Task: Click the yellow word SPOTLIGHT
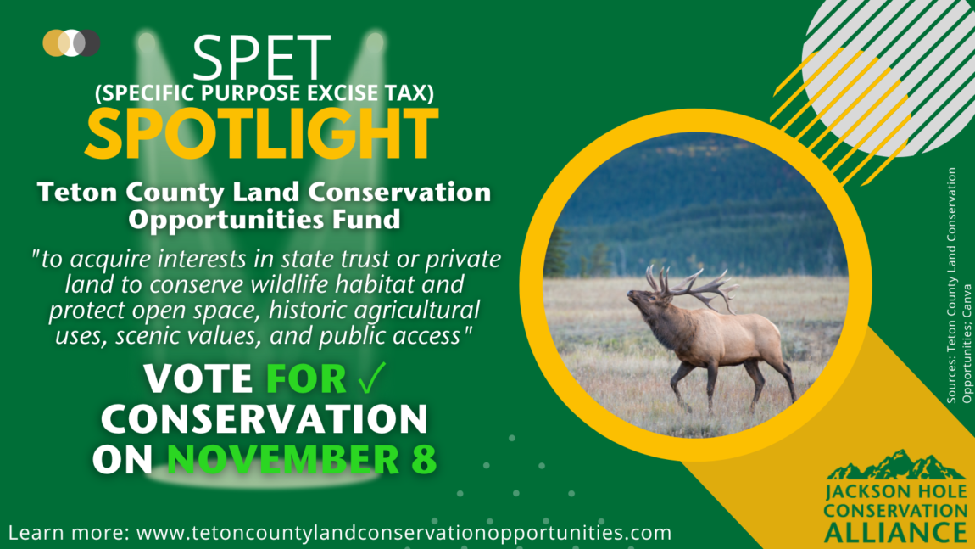(262, 133)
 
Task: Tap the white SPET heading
(261, 58)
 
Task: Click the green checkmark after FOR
(372, 378)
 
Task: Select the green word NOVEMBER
(283, 459)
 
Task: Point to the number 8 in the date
(424, 459)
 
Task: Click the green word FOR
(306, 378)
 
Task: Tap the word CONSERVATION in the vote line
(265, 418)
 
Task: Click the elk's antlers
(690, 286)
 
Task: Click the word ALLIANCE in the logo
(895, 533)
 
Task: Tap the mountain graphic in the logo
(896, 465)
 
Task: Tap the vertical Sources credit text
(958, 286)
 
